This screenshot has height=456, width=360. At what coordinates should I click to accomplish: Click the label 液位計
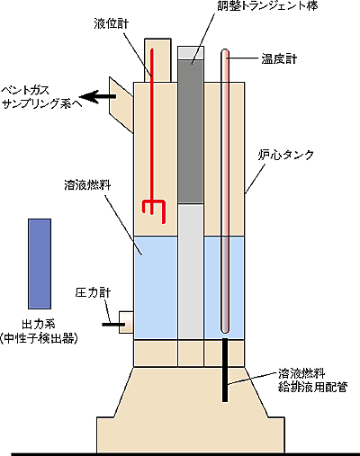click(111, 24)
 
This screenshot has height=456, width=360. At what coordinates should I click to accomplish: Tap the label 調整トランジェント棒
click(267, 6)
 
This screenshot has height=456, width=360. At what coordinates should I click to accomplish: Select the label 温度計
click(279, 59)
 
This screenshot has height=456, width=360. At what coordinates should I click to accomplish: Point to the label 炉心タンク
click(286, 155)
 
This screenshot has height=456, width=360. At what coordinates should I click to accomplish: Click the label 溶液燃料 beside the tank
click(87, 185)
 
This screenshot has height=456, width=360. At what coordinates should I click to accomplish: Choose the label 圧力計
click(93, 292)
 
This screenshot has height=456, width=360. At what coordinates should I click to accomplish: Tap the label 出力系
click(39, 325)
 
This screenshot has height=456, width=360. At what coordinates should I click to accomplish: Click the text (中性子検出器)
click(39, 338)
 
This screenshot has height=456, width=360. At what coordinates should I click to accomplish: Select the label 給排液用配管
click(313, 387)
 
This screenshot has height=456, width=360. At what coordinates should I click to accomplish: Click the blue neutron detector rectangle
click(40, 264)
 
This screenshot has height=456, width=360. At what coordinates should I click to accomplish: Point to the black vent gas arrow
click(97, 96)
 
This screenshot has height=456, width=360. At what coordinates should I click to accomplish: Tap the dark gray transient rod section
click(191, 132)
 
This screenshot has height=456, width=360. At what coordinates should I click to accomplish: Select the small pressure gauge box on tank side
click(126, 322)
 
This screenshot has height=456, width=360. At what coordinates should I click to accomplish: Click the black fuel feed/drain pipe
click(225, 370)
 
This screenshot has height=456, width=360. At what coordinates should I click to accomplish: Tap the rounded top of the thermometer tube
click(225, 51)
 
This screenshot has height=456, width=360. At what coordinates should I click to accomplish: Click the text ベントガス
click(25, 90)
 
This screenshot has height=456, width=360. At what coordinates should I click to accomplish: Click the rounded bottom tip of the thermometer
click(225, 330)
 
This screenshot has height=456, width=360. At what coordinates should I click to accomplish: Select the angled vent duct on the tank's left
click(121, 105)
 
